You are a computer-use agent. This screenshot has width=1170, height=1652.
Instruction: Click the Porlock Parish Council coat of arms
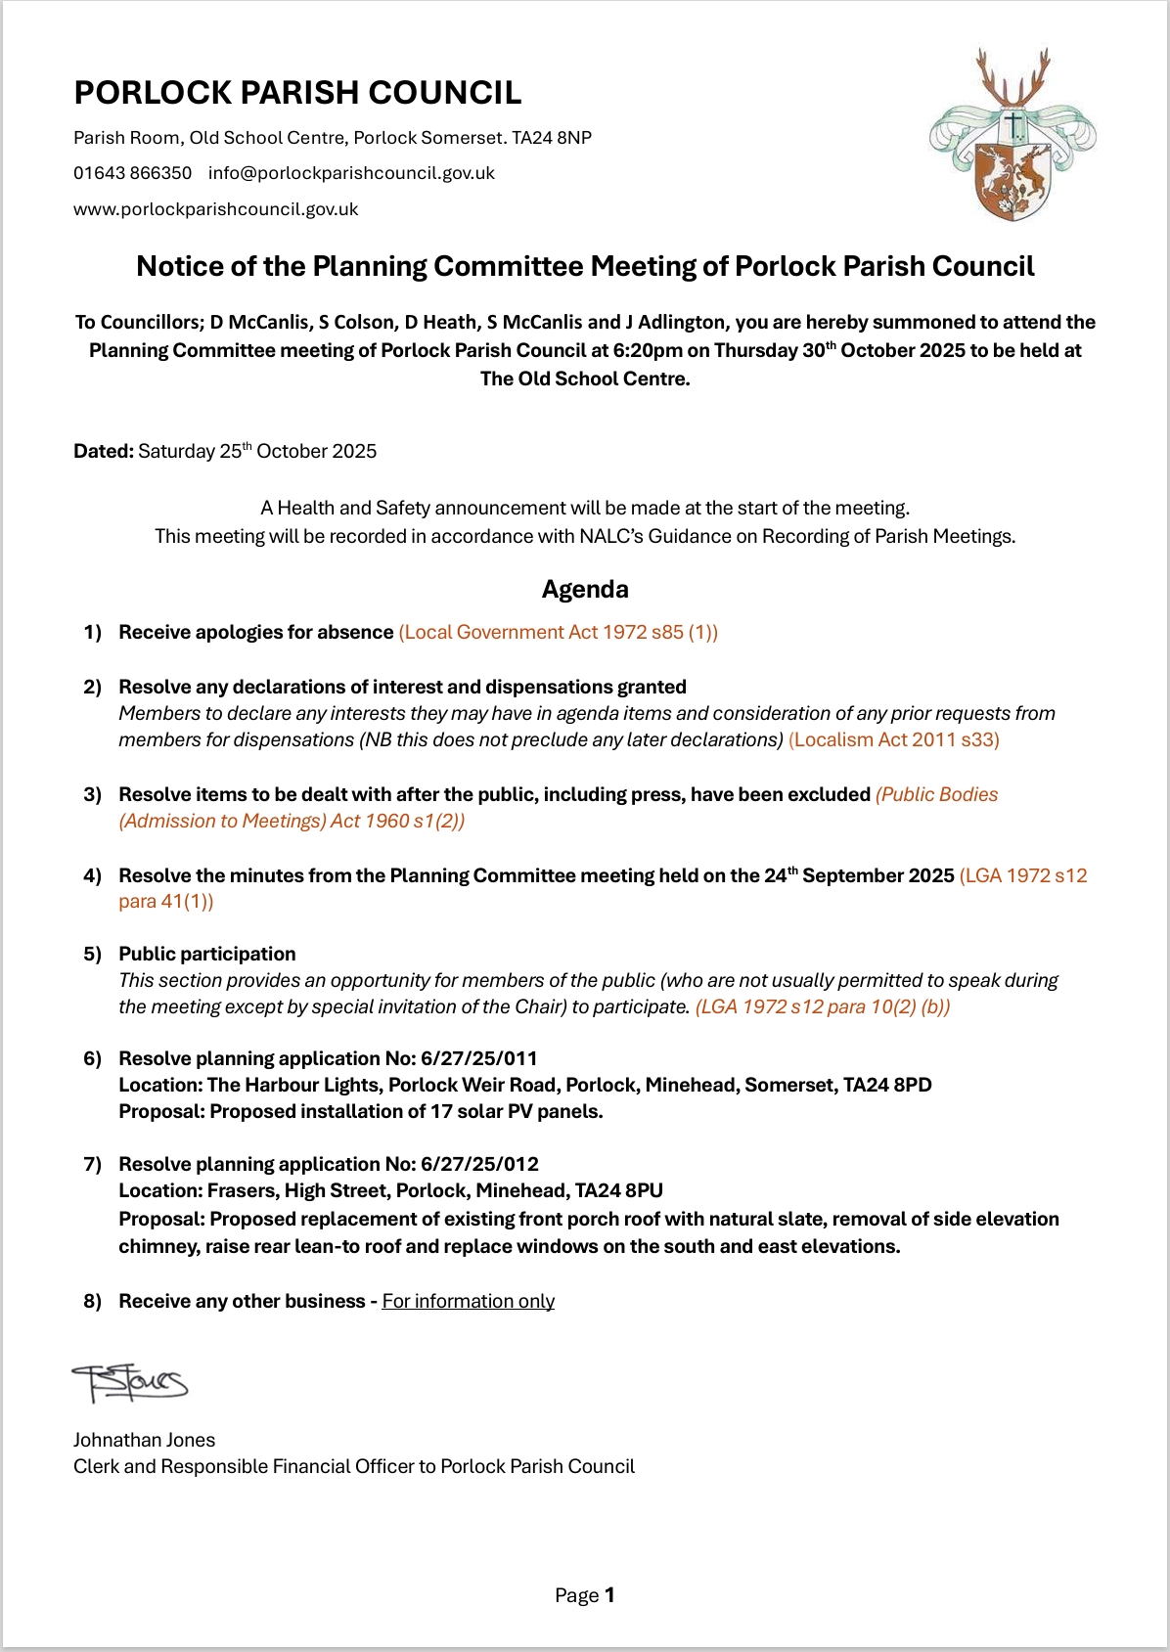click(1012, 136)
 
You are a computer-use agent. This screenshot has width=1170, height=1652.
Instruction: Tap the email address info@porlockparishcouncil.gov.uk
click(351, 173)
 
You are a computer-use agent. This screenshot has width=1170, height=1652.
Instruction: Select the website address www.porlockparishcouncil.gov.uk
click(215, 209)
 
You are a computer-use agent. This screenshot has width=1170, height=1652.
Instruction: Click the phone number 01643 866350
click(132, 173)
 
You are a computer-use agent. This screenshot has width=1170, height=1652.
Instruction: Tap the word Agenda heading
click(585, 589)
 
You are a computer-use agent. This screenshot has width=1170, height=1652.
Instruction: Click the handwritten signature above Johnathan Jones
click(129, 1383)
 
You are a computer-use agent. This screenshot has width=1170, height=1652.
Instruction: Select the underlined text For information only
click(468, 1301)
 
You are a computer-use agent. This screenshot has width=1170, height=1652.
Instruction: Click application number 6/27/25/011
click(479, 1058)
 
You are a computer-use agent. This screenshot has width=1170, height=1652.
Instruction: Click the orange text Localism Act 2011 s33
click(894, 739)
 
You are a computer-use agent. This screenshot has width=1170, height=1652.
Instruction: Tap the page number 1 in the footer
click(609, 1595)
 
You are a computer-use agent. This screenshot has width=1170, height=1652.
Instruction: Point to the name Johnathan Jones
click(144, 1440)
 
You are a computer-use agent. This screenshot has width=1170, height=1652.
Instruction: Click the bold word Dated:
click(104, 451)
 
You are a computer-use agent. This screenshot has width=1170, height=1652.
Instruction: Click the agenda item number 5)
click(93, 954)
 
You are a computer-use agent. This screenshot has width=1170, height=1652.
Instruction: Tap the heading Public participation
click(207, 954)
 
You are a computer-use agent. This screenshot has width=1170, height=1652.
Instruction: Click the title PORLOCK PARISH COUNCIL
click(297, 93)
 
